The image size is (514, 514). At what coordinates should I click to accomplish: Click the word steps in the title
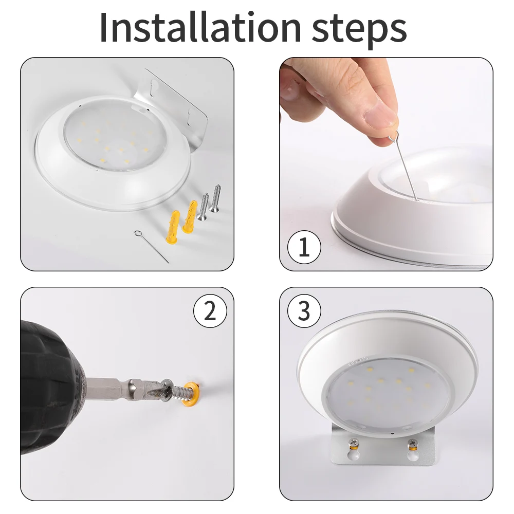click(x=359, y=30)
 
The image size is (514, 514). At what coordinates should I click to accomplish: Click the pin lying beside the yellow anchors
click(x=151, y=246)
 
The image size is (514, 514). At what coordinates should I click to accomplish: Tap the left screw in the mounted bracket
click(x=354, y=443)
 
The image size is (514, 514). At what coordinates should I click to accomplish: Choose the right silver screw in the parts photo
click(x=216, y=198)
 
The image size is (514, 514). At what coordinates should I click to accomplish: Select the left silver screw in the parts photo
click(x=203, y=206)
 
